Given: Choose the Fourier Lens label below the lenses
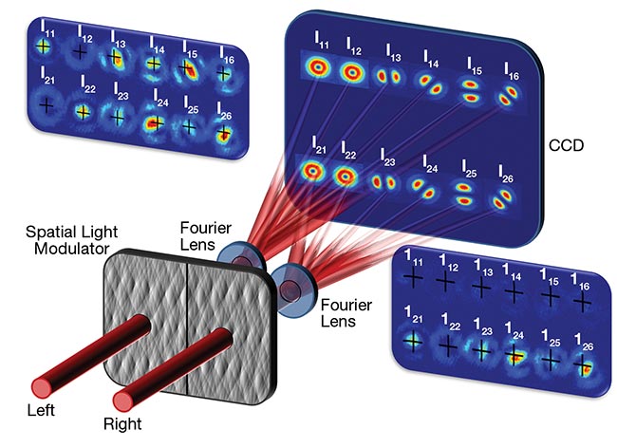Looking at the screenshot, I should click(345, 313).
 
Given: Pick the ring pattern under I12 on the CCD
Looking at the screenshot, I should click(352, 71).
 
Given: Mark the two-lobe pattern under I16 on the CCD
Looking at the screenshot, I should click(511, 95).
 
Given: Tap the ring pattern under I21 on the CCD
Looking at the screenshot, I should click(312, 172).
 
